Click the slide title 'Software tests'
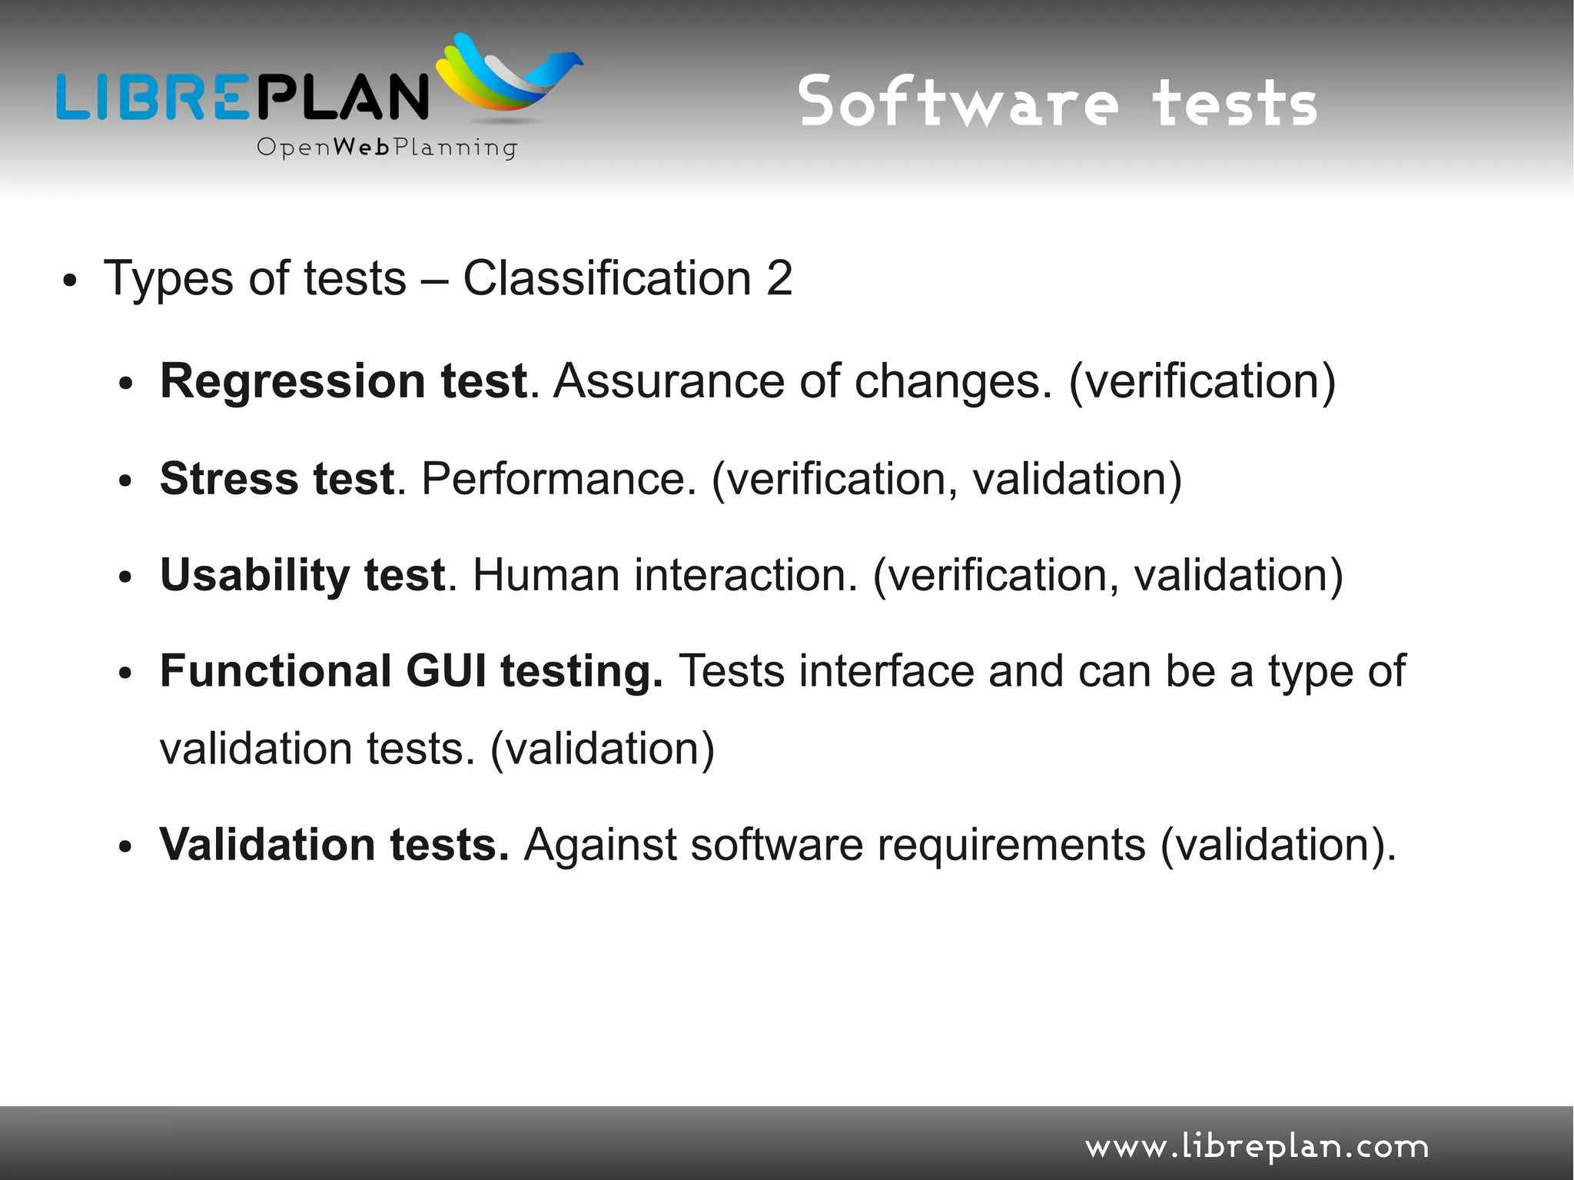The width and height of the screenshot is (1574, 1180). pos(1058,102)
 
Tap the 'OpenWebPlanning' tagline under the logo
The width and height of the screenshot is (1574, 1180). pos(387,147)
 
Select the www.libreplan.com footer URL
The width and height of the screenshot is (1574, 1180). pos(1257,1146)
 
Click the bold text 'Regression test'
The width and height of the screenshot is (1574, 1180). pos(344,381)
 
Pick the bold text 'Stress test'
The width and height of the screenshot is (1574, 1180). pos(277,479)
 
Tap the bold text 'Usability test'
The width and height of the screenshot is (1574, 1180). pos(302,575)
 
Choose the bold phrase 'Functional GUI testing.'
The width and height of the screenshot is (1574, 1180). pos(411,671)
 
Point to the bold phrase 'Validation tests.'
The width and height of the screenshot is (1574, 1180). pos(334,845)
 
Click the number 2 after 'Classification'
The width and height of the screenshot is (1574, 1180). pos(779,278)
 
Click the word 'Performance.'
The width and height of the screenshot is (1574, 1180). pos(559,479)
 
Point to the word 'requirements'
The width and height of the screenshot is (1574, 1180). pos(1011,845)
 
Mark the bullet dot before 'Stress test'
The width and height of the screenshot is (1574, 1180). pos(126,482)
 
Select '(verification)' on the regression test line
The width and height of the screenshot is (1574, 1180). pos(1202,381)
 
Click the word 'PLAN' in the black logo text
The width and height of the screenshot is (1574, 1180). pos(341,96)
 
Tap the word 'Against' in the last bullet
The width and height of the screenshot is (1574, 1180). pos(599,845)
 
